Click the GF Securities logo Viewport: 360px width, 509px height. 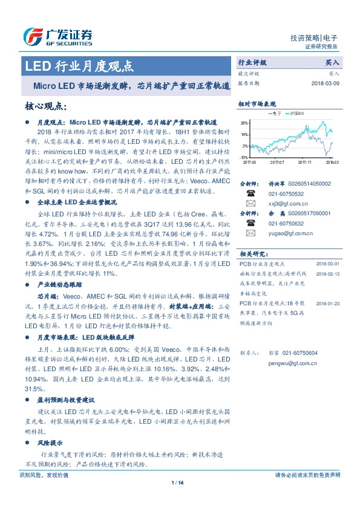point(57,37)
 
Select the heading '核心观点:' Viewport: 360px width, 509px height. point(45,106)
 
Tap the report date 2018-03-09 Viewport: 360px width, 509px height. point(325,83)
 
